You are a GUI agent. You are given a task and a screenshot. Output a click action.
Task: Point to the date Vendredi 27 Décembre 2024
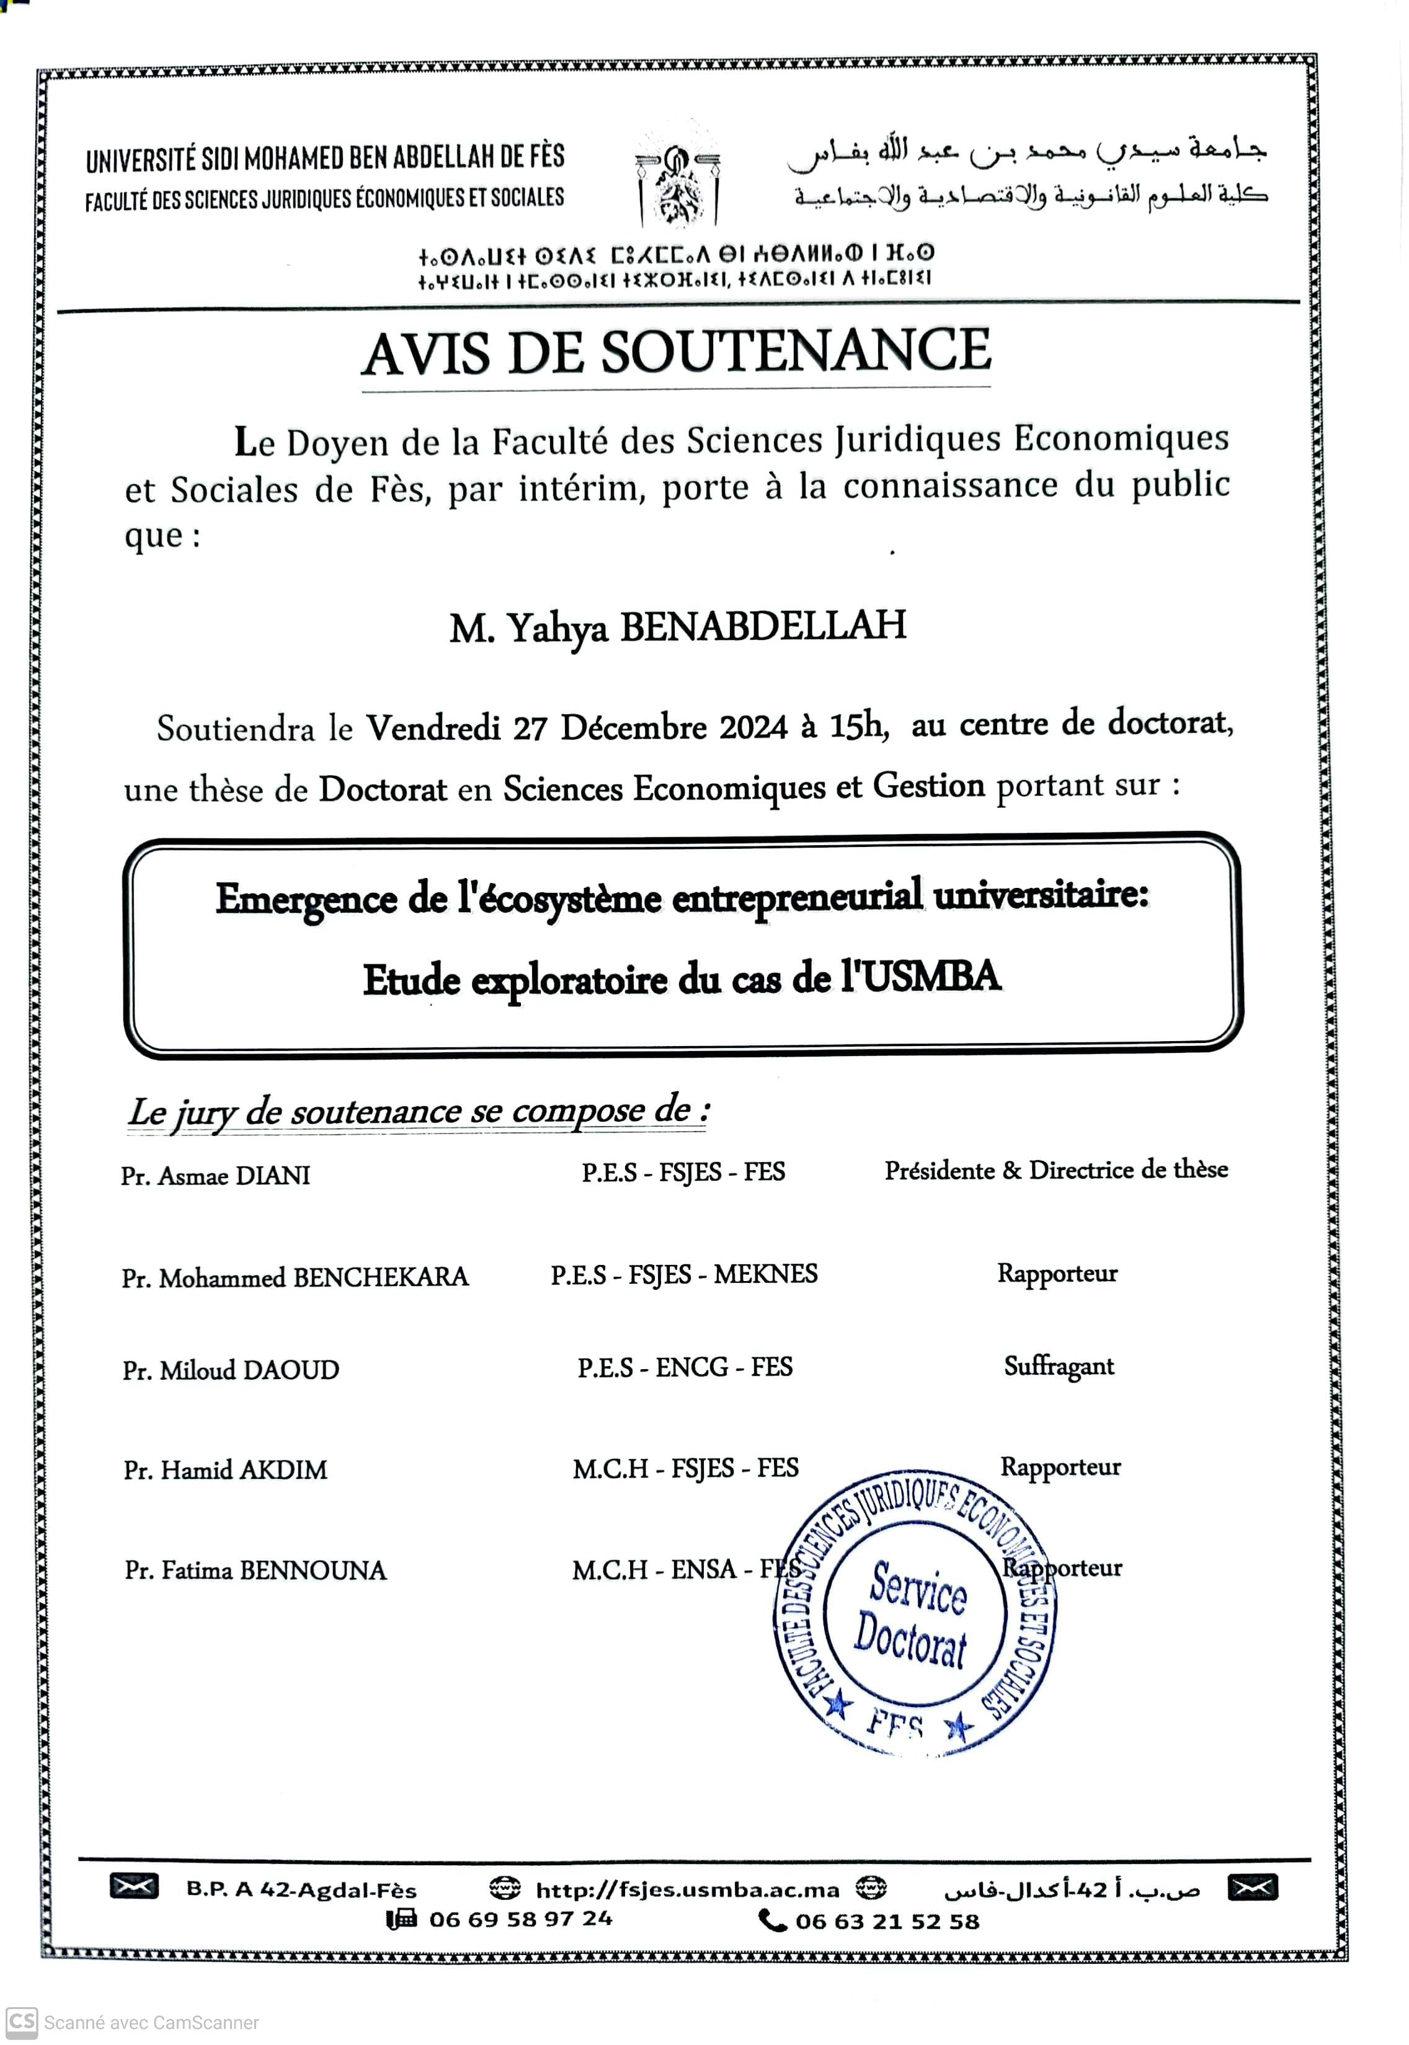click(577, 728)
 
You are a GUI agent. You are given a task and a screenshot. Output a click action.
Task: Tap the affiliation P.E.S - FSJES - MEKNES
click(684, 1274)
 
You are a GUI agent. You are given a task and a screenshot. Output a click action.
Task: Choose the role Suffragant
click(1059, 1366)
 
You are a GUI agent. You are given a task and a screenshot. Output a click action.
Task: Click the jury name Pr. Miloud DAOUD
click(231, 1370)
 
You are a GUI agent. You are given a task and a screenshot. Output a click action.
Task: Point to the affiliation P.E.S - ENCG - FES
click(685, 1367)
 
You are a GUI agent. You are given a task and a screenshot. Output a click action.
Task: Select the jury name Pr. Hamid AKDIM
click(225, 1470)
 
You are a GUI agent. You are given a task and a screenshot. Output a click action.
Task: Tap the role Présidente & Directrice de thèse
click(1056, 1170)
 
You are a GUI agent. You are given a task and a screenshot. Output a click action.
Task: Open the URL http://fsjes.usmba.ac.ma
click(687, 1889)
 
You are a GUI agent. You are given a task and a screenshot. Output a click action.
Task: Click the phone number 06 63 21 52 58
click(886, 1922)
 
